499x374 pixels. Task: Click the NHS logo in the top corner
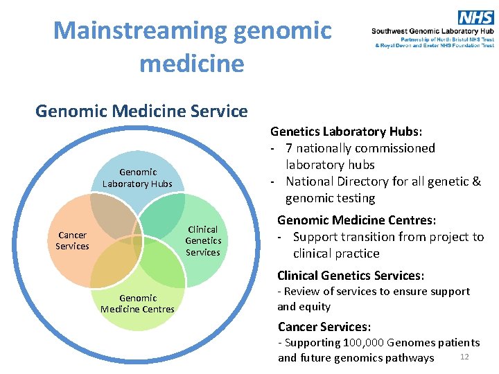pos(476,17)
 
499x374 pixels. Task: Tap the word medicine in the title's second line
pos(192,64)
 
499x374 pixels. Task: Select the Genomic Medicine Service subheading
pos(141,111)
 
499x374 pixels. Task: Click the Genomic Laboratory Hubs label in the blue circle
pos(137,178)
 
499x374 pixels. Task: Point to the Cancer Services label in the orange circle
pos(73,240)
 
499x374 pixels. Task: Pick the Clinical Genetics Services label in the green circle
pos(202,240)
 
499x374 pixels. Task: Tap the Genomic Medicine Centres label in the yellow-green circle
pos(137,303)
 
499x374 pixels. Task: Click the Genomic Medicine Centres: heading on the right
pos(356,220)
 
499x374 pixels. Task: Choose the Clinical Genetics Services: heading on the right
pos(351,275)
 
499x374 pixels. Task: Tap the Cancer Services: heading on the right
pos(324,326)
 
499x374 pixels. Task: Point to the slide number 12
pos(464,356)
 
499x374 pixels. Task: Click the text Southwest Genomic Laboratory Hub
pos(432,32)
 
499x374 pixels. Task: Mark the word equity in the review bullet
pos(314,306)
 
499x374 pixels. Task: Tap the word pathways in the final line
pos(411,358)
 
